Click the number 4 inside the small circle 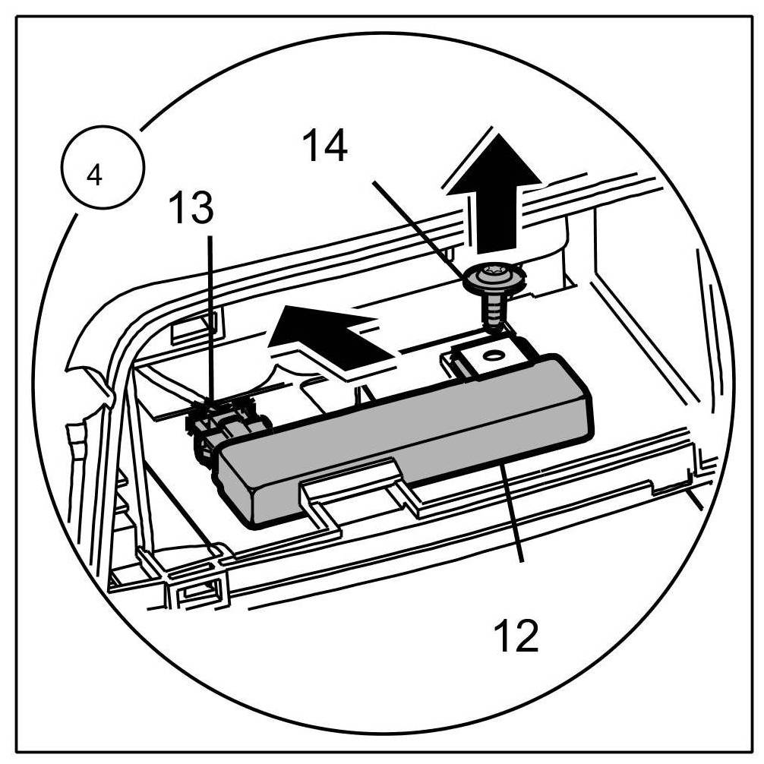point(94,175)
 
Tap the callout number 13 point(191,208)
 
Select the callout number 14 point(324,146)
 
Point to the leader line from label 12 point(510,516)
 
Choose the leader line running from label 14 point(418,228)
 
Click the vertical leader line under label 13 point(210,319)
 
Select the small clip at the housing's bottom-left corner point(199,589)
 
